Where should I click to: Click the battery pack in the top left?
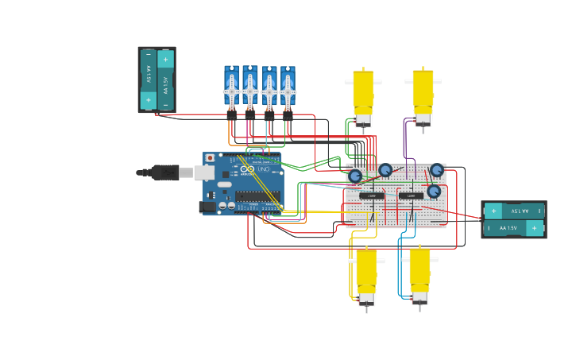pyautogui.click(x=157, y=79)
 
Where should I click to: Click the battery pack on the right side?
pyautogui.click(x=513, y=219)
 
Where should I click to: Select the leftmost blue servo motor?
pyautogui.click(x=231, y=88)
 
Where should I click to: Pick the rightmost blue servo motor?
pyautogui.click(x=288, y=88)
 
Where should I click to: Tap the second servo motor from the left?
pyautogui.click(x=250, y=88)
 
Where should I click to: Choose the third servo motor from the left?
pyautogui.click(x=269, y=88)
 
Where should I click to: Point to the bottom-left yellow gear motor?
pyautogui.click(x=366, y=275)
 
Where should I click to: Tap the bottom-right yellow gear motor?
pyautogui.click(x=419, y=275)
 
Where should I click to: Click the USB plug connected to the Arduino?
pyautogui.click(x=165, y=172)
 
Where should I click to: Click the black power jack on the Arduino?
pyautogui.click(x=207, y=207)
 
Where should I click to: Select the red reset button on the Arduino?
pyautogui.click(x=210, y=158)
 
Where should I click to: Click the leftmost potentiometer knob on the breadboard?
pyautogui.click(x=355, y=176)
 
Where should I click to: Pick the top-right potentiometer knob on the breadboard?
pyautogui.click(x=437, y=170)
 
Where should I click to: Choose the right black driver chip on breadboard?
pyautogui.click(x=411, y=195)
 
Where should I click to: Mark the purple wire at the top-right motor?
pyautogui.click(x=405, y=139)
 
